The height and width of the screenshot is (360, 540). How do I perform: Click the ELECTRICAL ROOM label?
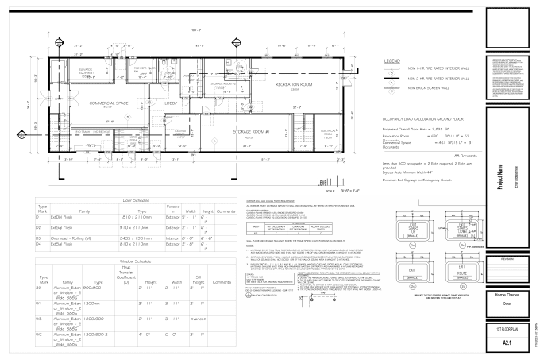tap(329, 131)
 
